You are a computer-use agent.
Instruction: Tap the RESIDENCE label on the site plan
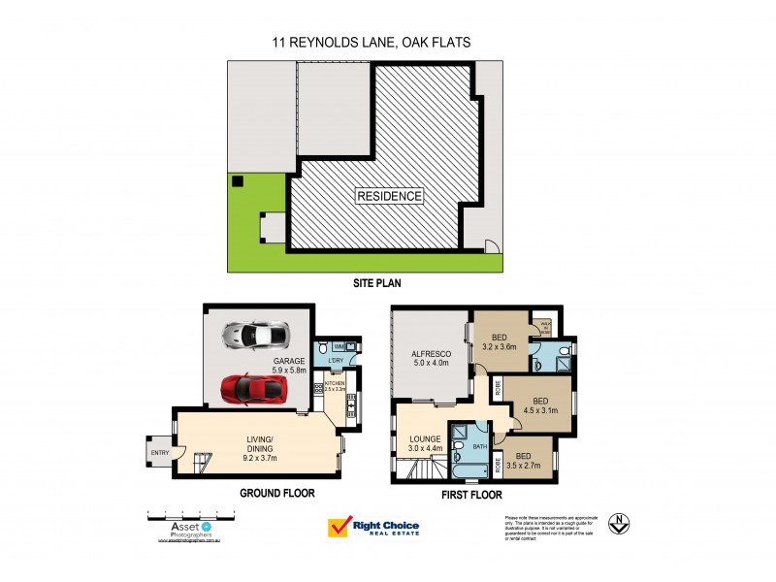point(390,196)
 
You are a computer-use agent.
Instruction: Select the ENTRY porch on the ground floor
point(157,451)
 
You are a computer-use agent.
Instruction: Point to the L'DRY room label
point(337,361)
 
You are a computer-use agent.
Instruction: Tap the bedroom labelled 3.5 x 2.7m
point(528,460)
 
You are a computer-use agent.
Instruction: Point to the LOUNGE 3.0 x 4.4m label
point(423,442)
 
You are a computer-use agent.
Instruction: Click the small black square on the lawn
point(237,179)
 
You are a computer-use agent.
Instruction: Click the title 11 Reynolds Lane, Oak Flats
point(387,42)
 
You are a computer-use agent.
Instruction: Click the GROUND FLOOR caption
point(277,493)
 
